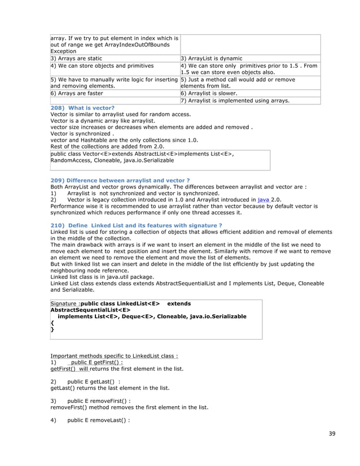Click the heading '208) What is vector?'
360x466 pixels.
click(82, 107)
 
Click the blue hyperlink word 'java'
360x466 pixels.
click(262, 199)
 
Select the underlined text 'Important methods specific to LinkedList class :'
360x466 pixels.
click(115, 356)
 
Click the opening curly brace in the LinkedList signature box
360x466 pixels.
click(52, 323)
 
